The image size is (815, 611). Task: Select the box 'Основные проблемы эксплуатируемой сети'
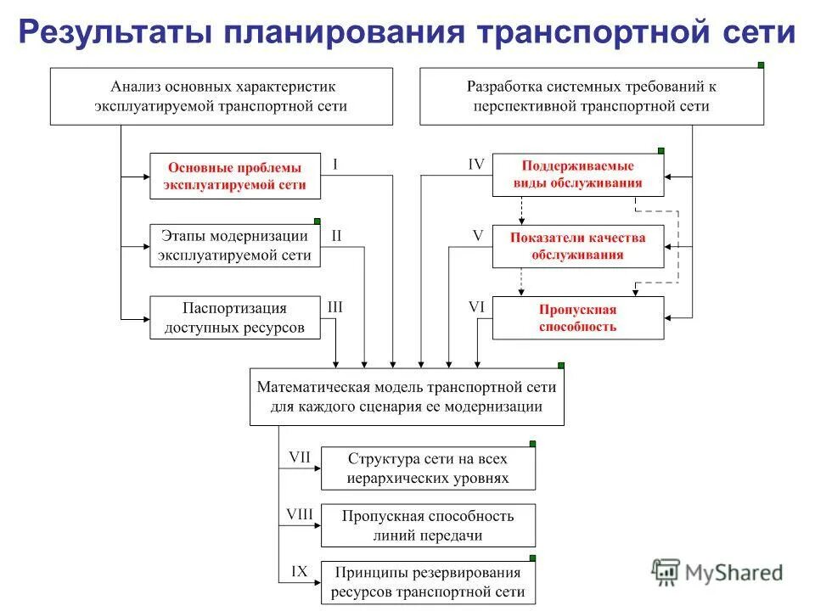235,176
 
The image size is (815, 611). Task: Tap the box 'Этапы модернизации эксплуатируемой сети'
235,245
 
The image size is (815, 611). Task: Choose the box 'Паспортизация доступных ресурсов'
235,317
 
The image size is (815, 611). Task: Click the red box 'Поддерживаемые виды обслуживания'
578,175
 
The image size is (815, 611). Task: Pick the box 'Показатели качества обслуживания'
578,245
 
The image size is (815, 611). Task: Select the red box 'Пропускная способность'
578,317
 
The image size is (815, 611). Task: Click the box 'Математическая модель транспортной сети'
407,396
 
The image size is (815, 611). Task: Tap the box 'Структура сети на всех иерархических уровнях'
428,468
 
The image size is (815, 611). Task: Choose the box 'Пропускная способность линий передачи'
428,525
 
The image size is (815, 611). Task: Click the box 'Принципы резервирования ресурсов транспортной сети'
428,581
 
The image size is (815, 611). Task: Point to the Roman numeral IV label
476,165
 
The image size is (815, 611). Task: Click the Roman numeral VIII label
300,513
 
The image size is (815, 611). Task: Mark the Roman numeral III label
335,307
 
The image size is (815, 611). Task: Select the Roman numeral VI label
476,307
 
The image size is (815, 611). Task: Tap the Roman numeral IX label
299,571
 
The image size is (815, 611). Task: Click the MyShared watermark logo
717,572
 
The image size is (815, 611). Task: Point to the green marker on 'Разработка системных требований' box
761,65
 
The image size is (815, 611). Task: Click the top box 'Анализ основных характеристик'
222,98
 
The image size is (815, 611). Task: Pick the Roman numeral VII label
300,457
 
